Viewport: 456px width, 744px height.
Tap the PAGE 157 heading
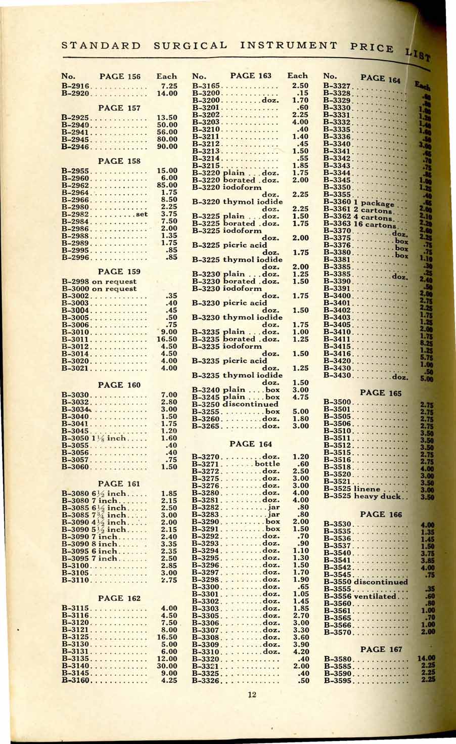pyautogui.click(x=119, y=108)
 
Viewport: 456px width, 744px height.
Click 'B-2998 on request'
pyautogui.click(x=99, y=281)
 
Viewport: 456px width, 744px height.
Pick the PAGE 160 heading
pyautogui.click(x=119, y=385)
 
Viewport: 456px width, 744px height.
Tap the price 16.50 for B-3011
pyautogui.click(x=167, y=339)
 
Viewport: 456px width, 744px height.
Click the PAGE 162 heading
pyautogui.click(x=119, y=598)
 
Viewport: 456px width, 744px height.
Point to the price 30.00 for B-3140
pyautogui.click(x=167, y=666)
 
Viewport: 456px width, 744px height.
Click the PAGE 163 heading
pyautogui.click(x=251, y=76)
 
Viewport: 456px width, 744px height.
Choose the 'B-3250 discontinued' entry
pyautogui.click(x=235, y=404)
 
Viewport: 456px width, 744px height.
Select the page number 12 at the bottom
pyautogui.click(x=252, y=694)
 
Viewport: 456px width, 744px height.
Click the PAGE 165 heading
pyautogui.click(x=381, y=392)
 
